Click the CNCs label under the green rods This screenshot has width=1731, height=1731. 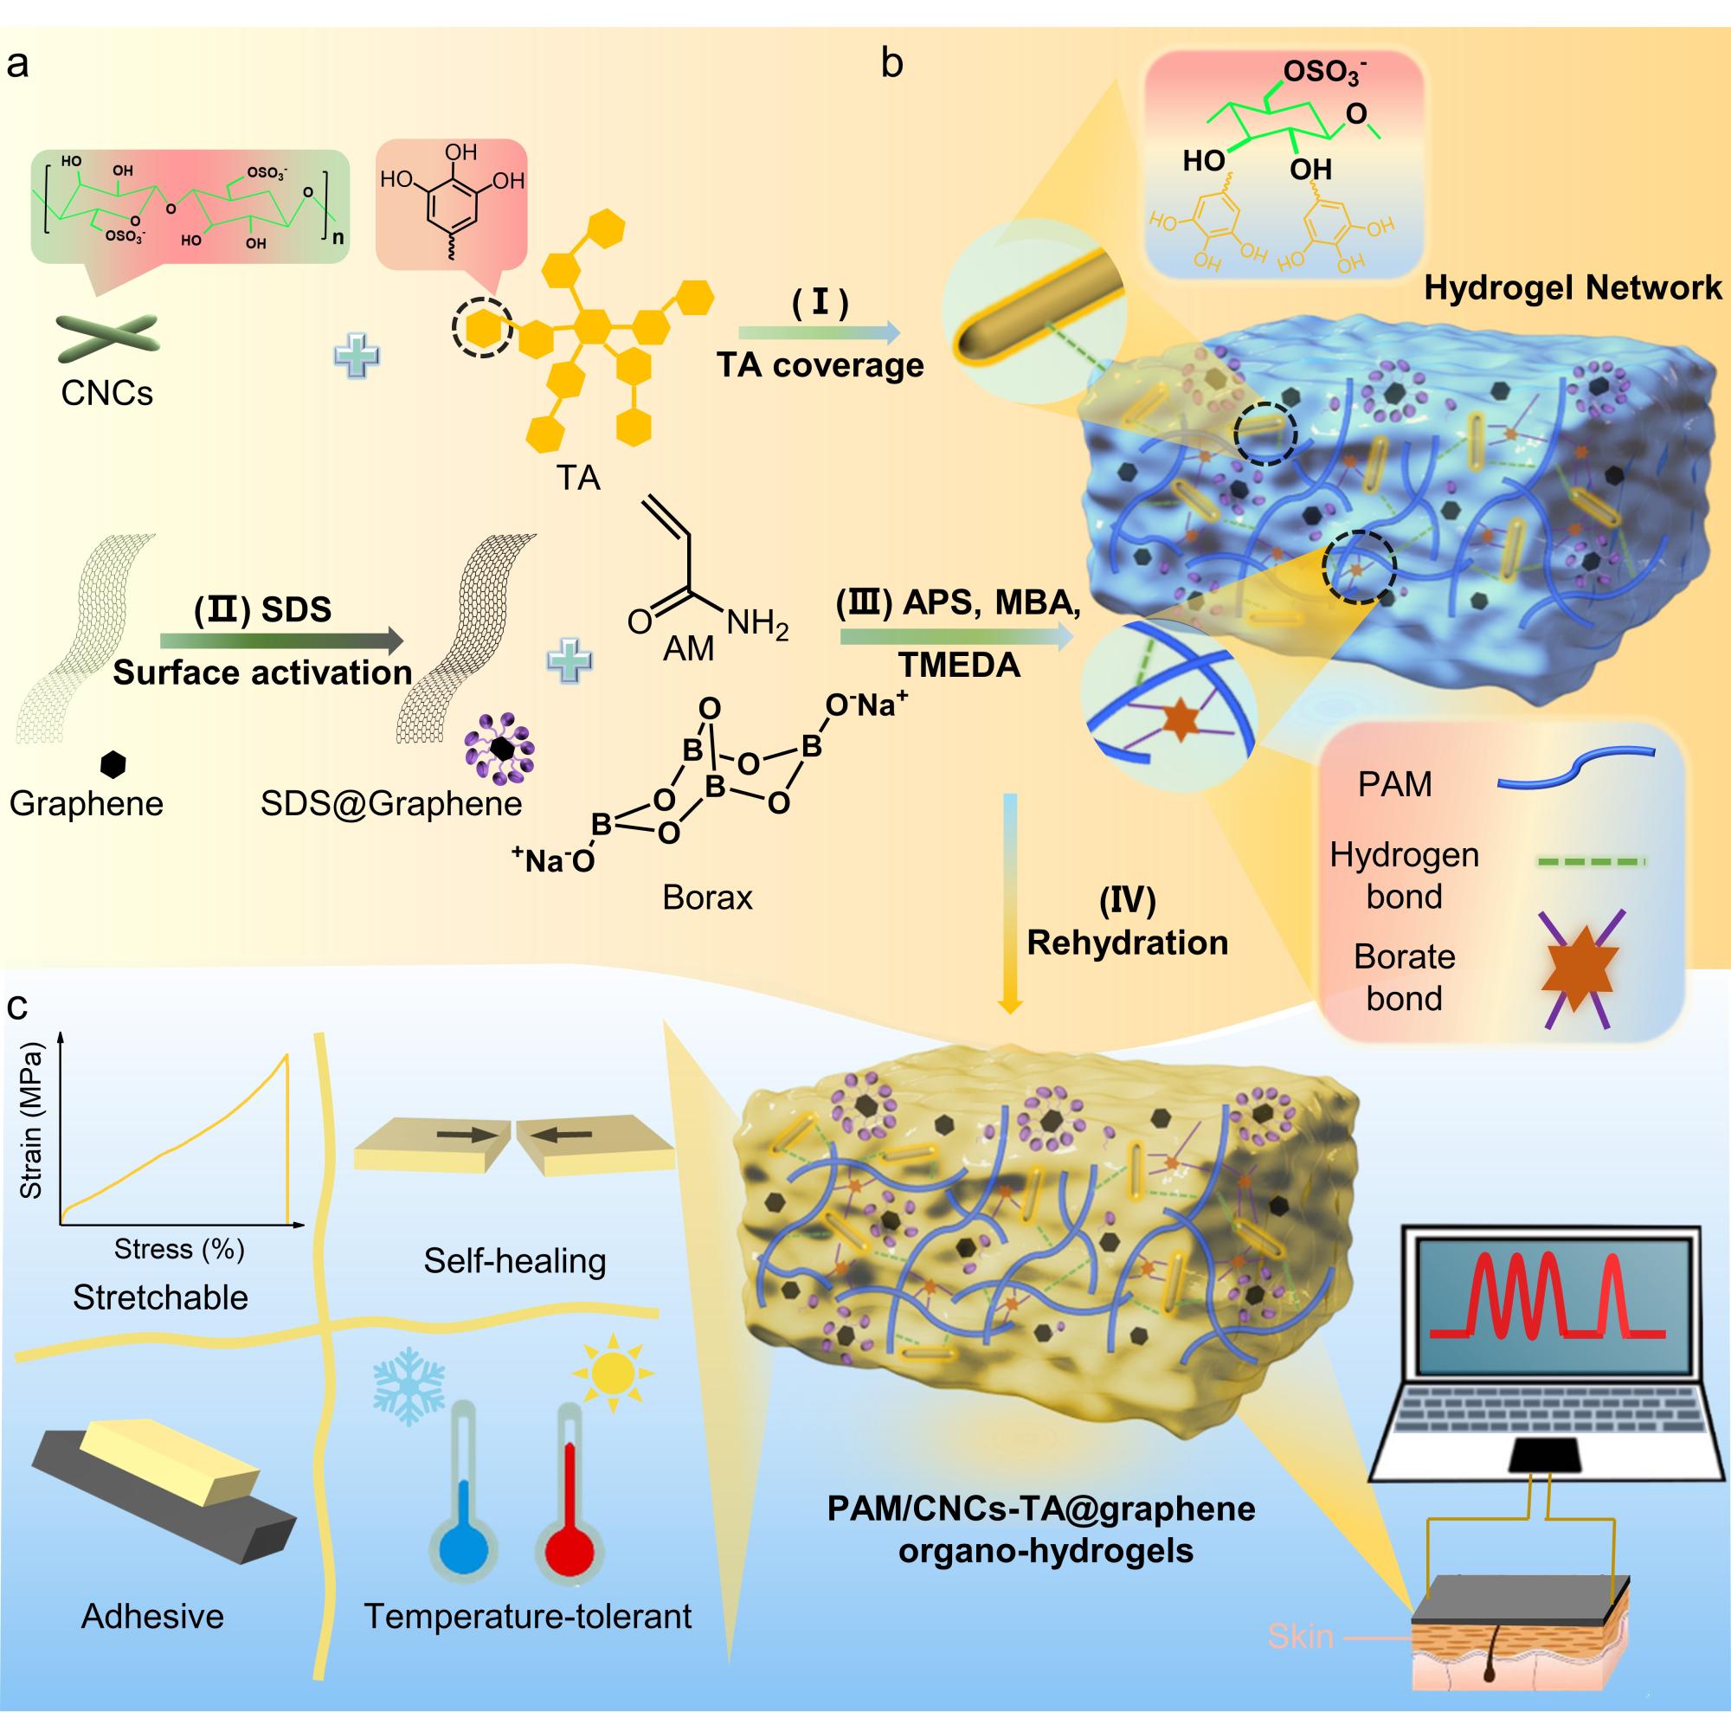106,392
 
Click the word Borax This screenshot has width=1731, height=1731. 707,897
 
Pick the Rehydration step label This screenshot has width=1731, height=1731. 1127,943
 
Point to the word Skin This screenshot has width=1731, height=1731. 1300,1637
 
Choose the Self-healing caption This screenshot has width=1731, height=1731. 514,1261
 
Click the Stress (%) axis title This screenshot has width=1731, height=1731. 179,1249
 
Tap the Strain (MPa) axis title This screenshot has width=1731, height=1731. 31,1120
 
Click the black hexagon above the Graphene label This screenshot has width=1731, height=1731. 113,763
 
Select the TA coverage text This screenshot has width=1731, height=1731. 820,364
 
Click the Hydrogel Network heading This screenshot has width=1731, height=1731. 1573,287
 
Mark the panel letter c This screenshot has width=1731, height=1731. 17,1007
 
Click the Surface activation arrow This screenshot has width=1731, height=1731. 281,640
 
